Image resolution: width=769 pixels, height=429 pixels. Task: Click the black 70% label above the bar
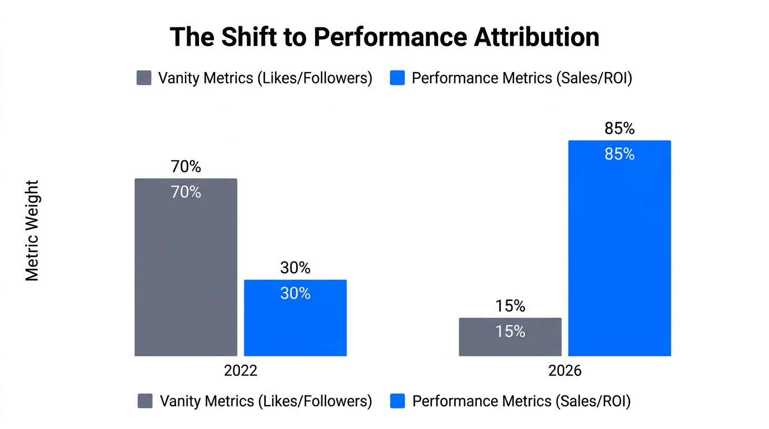[186, 166]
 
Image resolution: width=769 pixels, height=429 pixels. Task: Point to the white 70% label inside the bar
[186, 192]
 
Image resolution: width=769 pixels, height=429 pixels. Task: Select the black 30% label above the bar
[295, 268]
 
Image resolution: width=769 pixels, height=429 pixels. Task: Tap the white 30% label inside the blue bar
[295, 293]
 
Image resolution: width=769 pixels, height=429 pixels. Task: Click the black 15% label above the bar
[510, 306]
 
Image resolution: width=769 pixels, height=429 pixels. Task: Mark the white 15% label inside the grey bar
[510, 332]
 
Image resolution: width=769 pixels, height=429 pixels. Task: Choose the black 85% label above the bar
[619, 128]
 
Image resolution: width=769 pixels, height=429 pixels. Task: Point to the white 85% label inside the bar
[619, 154]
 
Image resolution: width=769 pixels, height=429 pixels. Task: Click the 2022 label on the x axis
[240, 371]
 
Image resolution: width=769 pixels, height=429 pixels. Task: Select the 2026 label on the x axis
[564, 371]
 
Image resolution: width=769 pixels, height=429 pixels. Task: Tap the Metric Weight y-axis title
[32, 230]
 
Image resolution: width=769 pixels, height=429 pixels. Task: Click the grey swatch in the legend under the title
[144, 78]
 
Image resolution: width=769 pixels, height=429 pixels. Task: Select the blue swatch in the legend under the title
[397, 78]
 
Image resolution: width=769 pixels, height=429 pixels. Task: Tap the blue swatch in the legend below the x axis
[397, 401]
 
